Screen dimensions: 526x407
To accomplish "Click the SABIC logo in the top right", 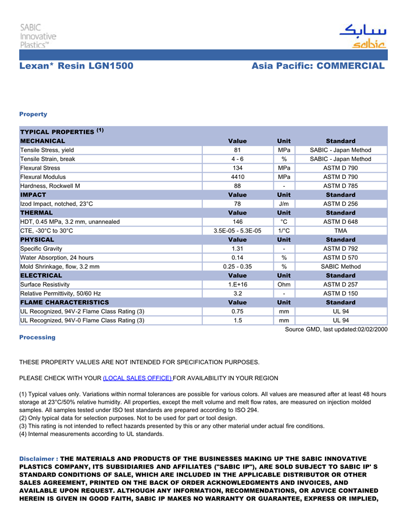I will (x=362, y=36).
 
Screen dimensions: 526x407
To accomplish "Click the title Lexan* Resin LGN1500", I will (x=76, y=66).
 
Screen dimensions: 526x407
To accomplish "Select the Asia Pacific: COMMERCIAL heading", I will (x=318, y=66).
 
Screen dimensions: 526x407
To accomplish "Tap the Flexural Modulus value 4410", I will (x=237, y=177).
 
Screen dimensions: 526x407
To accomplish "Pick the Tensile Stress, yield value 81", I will (x=237, y=150).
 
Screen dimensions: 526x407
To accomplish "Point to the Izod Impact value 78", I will (x=237, y=204).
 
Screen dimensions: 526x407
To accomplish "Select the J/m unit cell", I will (x=284, y=204).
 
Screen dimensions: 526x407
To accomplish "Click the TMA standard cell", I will (x=341, y=231).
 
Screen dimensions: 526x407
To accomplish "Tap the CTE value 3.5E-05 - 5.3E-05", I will (x=237, y=231).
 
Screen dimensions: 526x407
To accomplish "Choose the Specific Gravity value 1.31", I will (x=237, y=249).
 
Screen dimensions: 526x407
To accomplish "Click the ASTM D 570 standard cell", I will (x=341, y=257).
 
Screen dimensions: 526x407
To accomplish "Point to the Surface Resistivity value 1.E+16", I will (x=237, y=285).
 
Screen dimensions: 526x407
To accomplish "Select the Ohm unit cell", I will (x=284, y=285).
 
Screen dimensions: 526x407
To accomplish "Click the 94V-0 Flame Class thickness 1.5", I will (x=237, y=320).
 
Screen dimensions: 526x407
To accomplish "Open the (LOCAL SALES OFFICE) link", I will (x=137, y=378).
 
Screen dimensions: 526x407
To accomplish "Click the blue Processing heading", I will (x=37, y=337).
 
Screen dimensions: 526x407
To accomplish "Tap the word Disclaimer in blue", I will (x=37, y=459).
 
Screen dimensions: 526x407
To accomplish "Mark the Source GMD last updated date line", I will (x=335, y=330).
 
